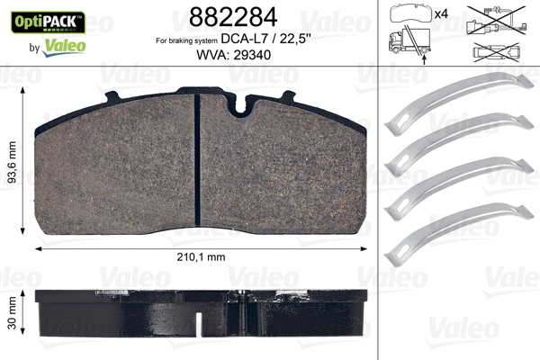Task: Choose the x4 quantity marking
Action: tap(442, 14)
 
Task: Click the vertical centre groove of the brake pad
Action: tap(197, 162)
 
